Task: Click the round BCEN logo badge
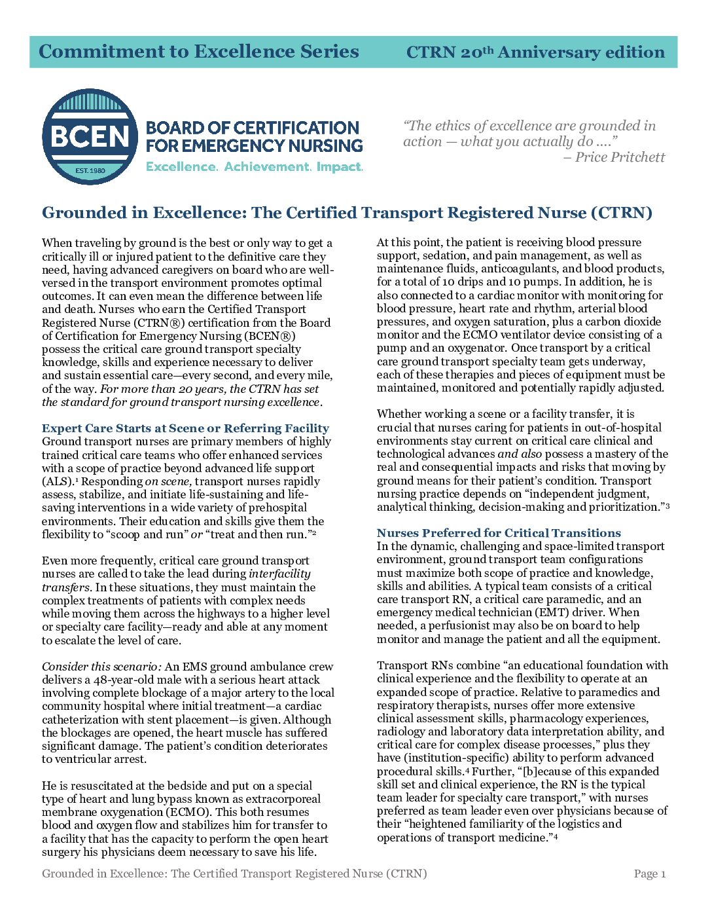tap(90, 136)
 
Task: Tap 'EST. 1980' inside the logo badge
tap(90, 170)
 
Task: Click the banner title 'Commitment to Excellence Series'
tap(199, 52)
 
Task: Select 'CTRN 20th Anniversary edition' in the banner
tap(535, 52)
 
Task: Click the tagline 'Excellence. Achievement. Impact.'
tap(254, 167)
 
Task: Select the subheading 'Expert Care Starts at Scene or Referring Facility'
tap(185, 428)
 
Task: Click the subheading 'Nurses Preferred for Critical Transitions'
tap(499, 533)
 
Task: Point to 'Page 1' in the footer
tap(649, 874)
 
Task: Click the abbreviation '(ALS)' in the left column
tap(58, 481)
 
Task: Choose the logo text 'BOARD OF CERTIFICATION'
tap(253, 128)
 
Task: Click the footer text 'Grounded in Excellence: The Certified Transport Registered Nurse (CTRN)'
tap(234, 874)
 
